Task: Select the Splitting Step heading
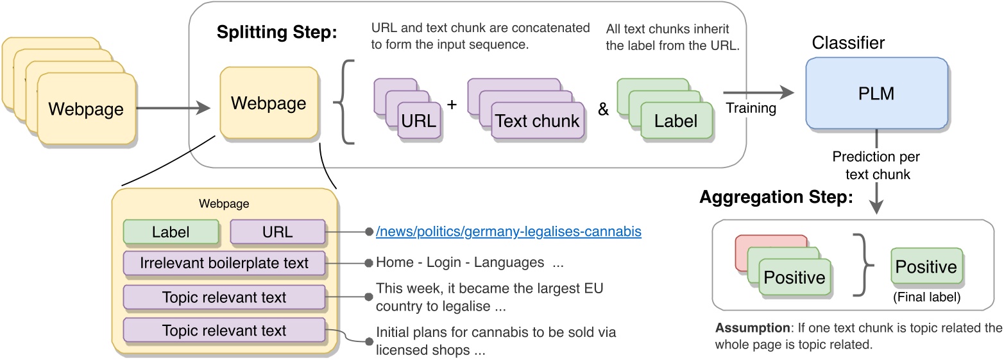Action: (x=277, y=33)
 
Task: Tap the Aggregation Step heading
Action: (x=776, y=198)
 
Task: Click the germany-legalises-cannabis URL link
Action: (x=508, y=231)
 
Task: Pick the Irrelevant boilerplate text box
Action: (x=224, y=263)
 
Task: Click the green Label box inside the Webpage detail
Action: (x=171, y=232)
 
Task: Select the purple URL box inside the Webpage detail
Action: (x=278, y=232)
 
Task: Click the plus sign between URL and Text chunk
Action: (x=452, y=105)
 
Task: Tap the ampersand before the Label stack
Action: (x=603, y=109)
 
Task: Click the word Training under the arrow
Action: (x=751, y=108)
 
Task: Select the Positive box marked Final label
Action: (x=926, y=267)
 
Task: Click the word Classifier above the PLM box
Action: (x=848, y=43)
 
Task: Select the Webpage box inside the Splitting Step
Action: (x=269, y=103)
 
